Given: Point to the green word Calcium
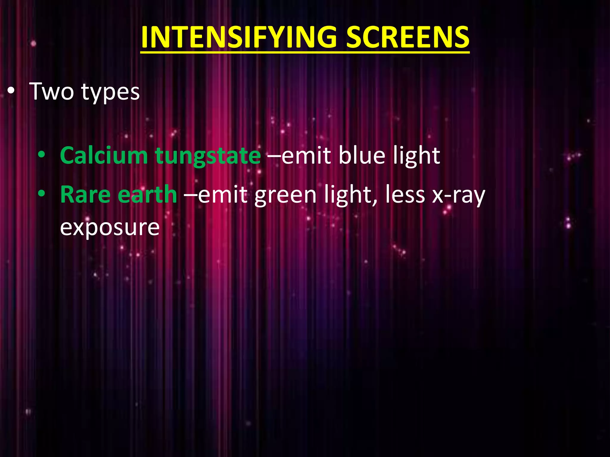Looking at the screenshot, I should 104,155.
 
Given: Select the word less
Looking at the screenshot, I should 405,195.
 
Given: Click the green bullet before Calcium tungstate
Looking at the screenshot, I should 41,155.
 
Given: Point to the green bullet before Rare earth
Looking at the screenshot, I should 41,194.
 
